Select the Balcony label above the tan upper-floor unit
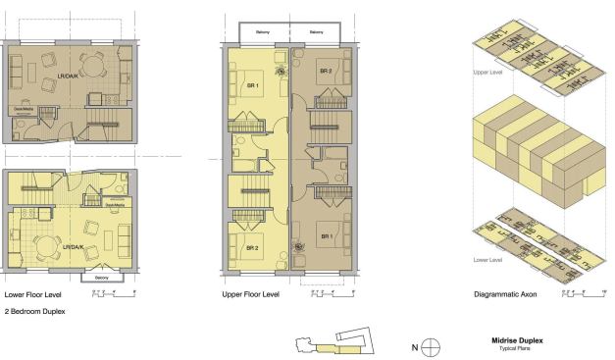tap(316, 32)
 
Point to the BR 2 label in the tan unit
tap(325, 72)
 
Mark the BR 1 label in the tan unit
tap(325, 236)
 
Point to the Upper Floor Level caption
tap(252, 292)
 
